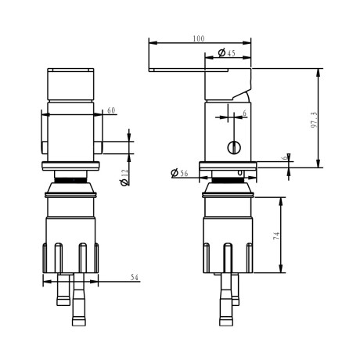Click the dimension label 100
point(199,38)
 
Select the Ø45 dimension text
point(226,53)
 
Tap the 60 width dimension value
point(111,110)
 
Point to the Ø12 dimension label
point(124,178)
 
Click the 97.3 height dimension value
point(314,120)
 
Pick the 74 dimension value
point(276,236)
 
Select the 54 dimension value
point(135,277)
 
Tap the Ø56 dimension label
point(179,173)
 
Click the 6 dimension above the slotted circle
point(244,113)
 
